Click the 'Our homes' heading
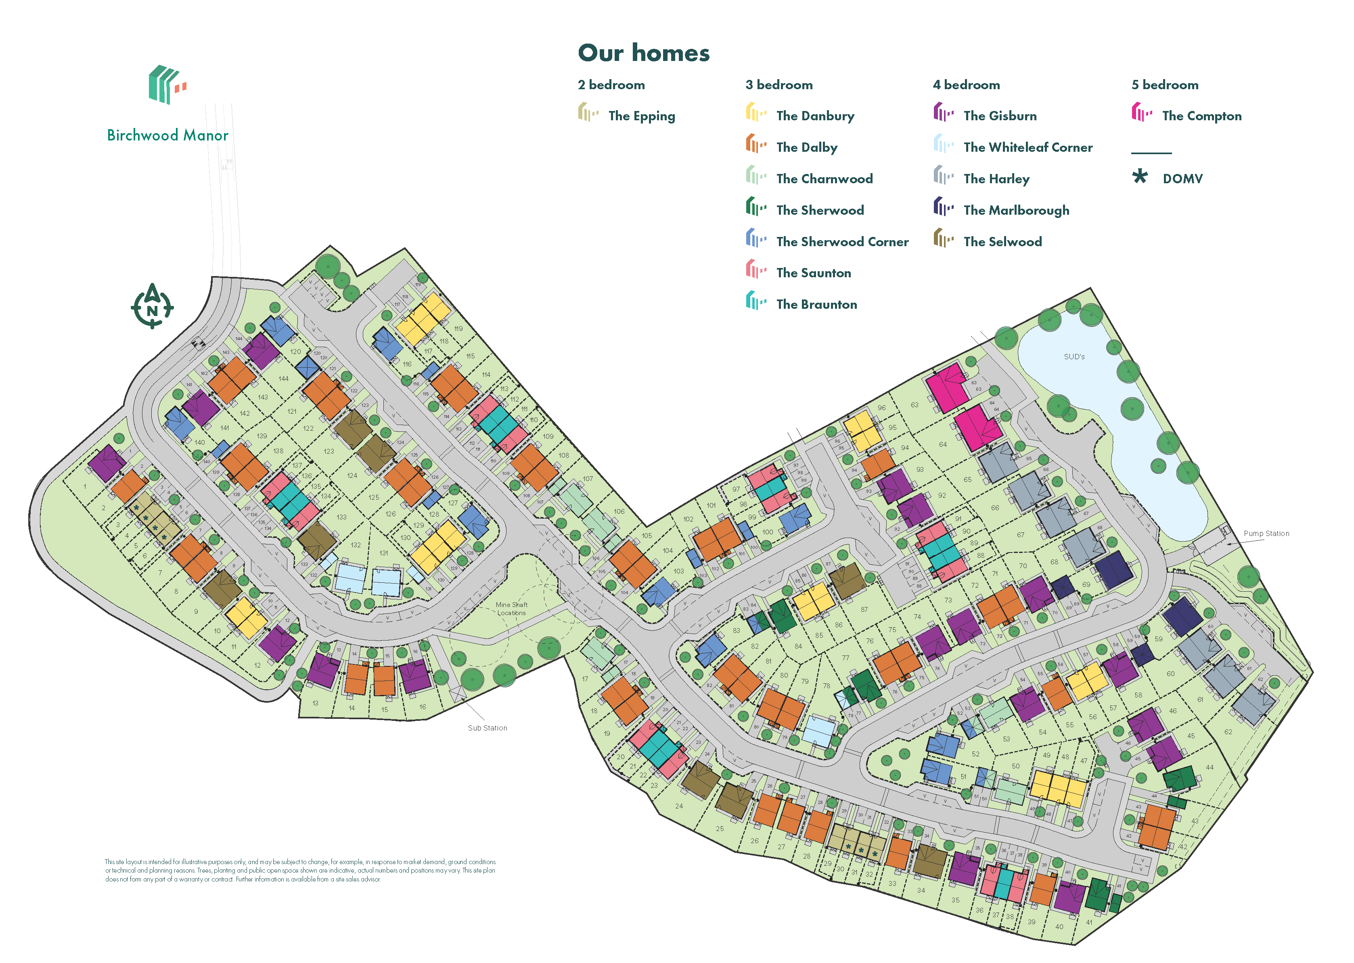643,53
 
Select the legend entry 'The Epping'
641,116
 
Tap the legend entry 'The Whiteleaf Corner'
1028,148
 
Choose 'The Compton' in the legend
1201,116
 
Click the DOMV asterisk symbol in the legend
1139,177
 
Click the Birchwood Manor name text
168,136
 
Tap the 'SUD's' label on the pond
1074,357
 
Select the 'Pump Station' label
1266,534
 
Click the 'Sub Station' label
487,728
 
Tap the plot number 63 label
914,405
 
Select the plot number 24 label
679,806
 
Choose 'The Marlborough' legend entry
1016,211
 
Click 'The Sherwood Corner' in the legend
842,242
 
